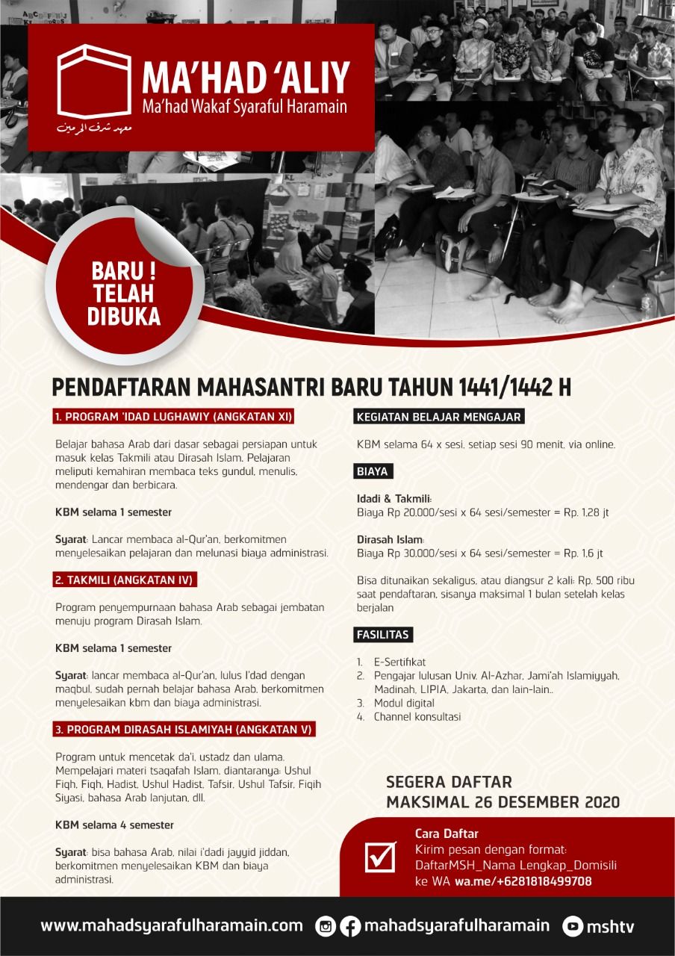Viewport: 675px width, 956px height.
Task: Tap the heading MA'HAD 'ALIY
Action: [x=246, y=78]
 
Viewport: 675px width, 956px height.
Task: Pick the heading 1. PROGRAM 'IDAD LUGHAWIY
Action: [x=173, y=416]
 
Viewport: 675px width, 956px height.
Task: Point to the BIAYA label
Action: [x=373, y=471]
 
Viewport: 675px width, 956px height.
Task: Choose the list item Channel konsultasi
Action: [x=417, y=716]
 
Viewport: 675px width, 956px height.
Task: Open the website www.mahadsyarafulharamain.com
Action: [x=172, y=925]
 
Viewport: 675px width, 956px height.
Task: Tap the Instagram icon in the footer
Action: [x=326, y=926]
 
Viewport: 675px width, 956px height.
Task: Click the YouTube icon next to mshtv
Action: [x=573, y=926]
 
